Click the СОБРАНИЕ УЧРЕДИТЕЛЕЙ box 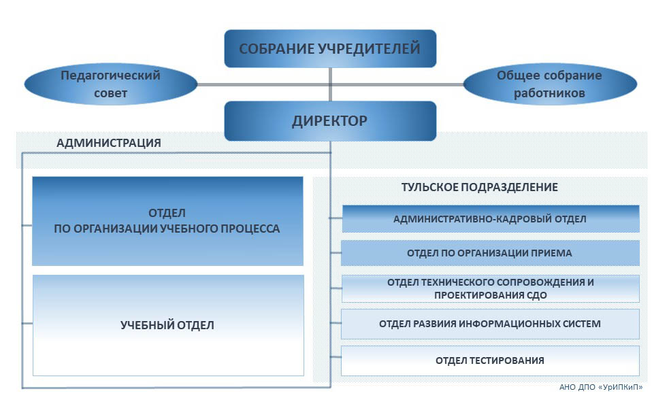point(330,48)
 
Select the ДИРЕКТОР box point(330,121)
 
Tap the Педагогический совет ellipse point(110,84)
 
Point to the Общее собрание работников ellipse point(550,84)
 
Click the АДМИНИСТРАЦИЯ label point(109,143)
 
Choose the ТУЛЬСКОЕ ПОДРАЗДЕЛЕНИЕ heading point(480,187)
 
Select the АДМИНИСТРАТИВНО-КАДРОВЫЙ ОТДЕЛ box point(490,219)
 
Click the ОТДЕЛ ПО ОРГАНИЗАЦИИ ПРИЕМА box point(490,253)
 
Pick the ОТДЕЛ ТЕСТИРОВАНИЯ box point(490,361)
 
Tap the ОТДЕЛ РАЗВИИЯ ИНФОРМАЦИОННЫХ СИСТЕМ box point(490,324)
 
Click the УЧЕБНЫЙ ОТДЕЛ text point(167,325)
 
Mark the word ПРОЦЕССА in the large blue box point(248,229)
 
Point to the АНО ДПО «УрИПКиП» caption point(601,387)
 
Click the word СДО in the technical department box point(536,295)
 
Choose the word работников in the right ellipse point(550,93)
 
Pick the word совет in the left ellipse point(110,93)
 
